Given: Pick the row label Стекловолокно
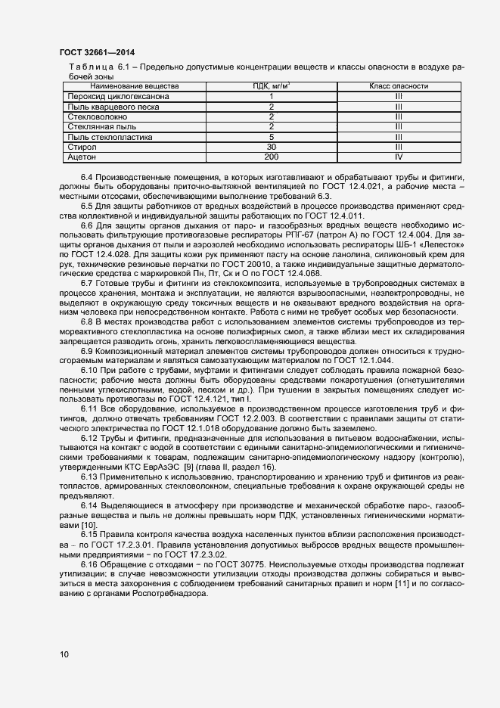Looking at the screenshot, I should coord(96,117).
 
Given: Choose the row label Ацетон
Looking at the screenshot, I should coord(81,157).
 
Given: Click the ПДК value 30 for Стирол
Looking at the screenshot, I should coord(272,147).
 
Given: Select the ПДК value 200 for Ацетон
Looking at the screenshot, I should coord(272,157).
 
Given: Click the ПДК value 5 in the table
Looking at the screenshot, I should coord(272,137).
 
